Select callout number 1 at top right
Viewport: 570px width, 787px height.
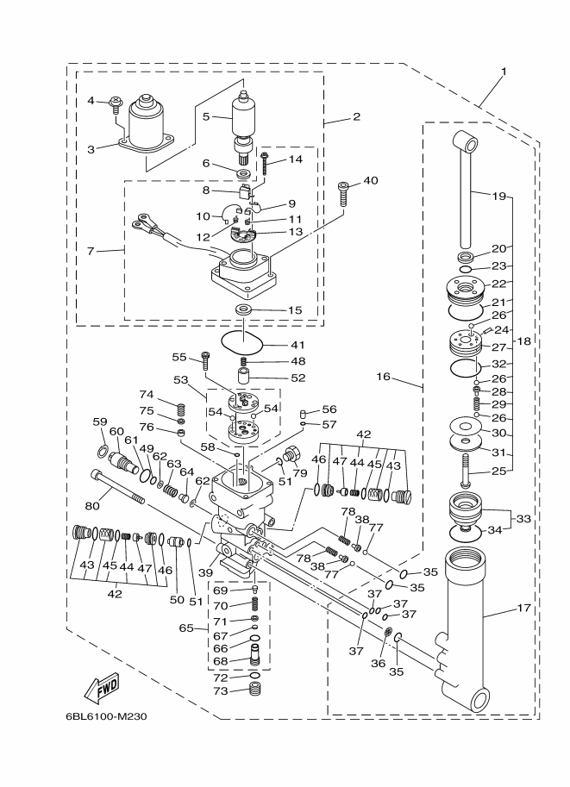504,72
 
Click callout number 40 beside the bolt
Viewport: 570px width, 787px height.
370,181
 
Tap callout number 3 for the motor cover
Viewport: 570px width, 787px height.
92,147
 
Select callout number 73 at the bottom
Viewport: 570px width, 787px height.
221,691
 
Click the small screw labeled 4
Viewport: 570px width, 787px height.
116,104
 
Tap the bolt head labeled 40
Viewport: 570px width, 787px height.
344,185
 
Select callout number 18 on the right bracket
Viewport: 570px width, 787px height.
523,342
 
